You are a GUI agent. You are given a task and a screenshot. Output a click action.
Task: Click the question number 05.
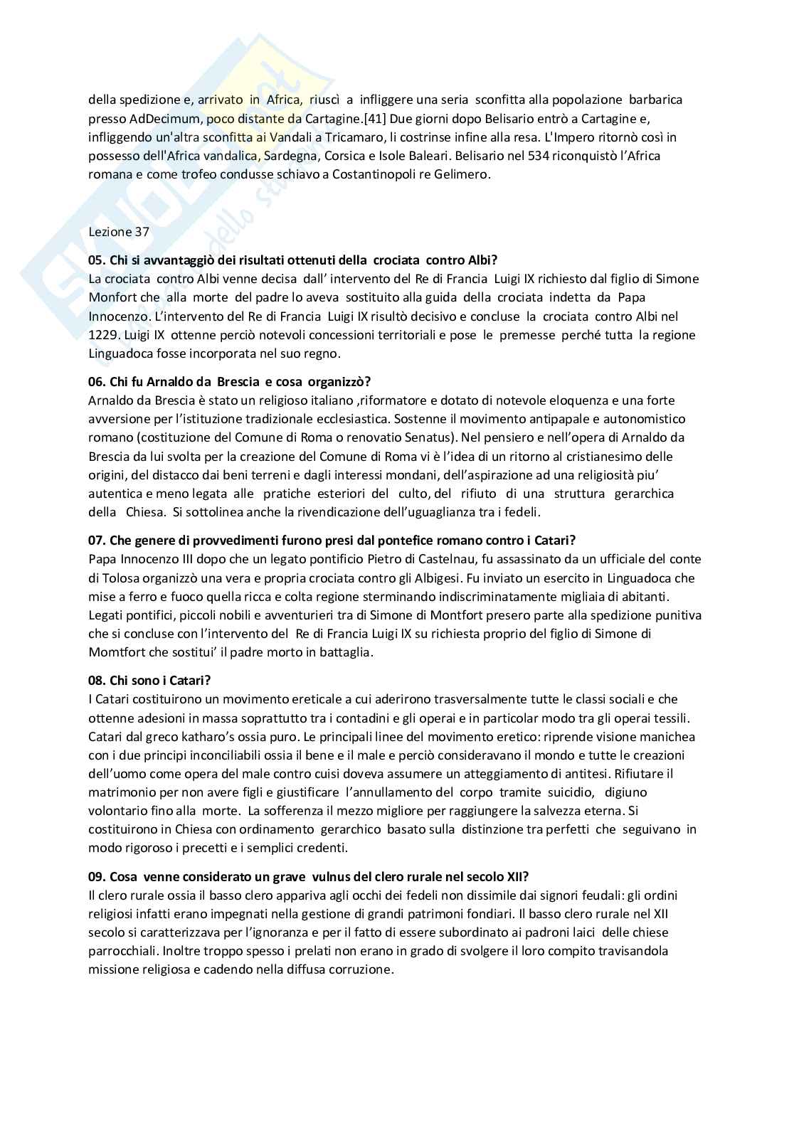pos(96,260)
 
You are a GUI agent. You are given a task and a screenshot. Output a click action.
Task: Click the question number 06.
pos(96,382)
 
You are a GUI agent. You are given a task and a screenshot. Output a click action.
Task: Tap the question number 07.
pos(96,541)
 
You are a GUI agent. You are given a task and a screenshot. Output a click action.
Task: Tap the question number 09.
pos(96,876)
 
